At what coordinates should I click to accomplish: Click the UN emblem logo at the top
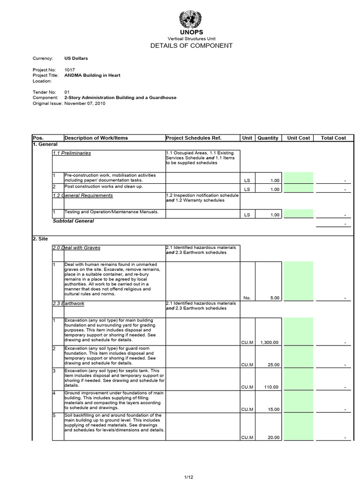point(190,20)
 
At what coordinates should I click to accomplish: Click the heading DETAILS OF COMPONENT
point(191,45)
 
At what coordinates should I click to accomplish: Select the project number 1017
point(69,70)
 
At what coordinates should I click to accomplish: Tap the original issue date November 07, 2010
point(85,104)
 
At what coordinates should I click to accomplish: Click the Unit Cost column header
point(299,138)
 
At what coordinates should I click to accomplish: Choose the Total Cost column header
point(333,138)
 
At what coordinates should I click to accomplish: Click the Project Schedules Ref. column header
point(193,138)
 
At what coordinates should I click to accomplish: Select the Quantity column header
point(268,138)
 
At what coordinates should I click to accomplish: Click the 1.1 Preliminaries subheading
point(72,153)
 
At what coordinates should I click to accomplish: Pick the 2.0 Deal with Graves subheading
point(76,247)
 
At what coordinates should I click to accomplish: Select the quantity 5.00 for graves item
point(274,298)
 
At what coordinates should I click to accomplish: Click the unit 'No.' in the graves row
point(247,298)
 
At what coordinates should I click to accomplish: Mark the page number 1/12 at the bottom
point(188,477)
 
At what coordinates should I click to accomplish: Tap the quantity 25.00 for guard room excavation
point(273,365)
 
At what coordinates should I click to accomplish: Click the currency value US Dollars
point(76,59)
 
